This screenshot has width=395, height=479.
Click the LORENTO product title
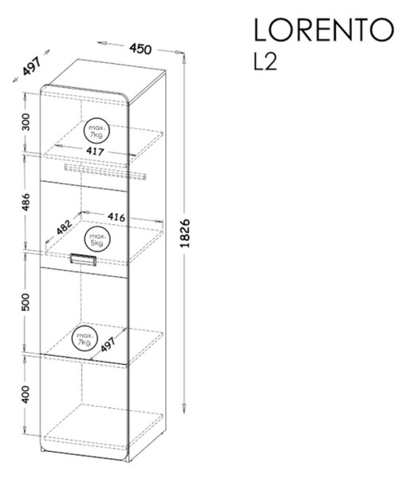point(324,30)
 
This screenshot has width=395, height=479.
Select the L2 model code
point(265,62)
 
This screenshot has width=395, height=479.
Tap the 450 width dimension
point(140,49)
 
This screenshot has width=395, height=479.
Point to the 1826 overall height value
point(185,233)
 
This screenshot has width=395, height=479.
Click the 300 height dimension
point(26,122)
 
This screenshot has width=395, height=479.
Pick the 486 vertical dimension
point(26,202)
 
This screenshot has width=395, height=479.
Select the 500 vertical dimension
point(26,302)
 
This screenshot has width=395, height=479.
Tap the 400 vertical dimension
point(26,394)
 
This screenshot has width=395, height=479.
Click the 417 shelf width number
point(95,151)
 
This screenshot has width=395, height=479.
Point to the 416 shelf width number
point(117,217)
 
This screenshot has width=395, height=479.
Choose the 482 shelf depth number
point(65,227)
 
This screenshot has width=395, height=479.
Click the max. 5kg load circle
point(97,239)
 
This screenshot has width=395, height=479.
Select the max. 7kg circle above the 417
point(97,130)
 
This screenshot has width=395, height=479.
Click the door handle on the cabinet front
point(83,259)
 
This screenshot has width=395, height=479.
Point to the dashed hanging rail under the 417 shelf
point(105,172)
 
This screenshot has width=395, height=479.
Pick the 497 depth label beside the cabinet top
point(31,66)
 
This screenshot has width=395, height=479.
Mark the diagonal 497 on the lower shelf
point(108,344)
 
